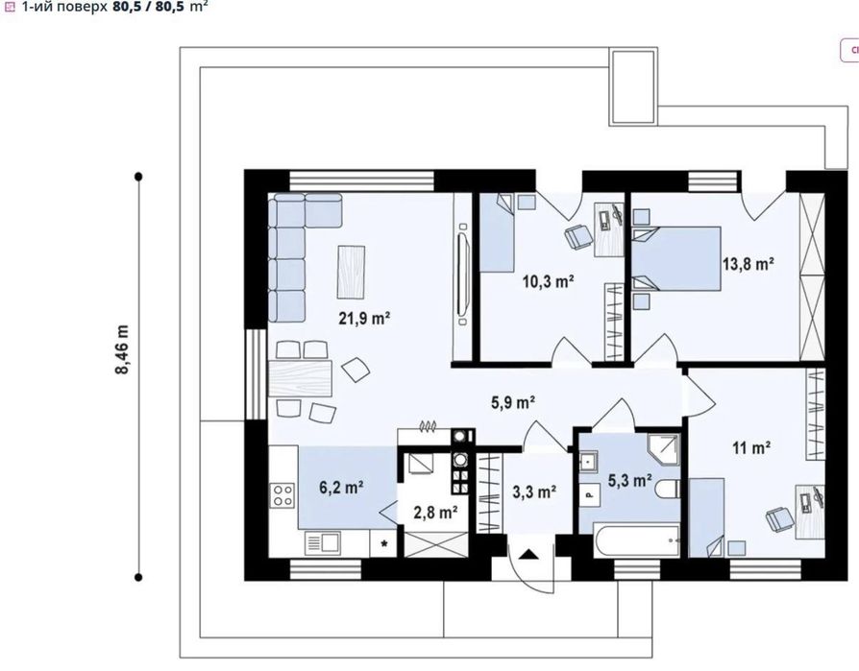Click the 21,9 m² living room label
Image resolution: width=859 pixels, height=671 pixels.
point(364,318)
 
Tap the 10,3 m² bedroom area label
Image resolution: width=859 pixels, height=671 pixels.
point(548,282)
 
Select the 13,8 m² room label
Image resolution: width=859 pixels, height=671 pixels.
point(748,264)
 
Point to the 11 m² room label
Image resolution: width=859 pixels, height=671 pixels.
point(751,448)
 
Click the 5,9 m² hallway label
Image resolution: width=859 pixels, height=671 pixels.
point(513,403)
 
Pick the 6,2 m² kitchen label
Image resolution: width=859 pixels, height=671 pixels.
point(341,487)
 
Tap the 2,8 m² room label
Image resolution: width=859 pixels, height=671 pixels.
point(435,513)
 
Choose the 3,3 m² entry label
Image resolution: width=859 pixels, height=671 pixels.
point(534,492)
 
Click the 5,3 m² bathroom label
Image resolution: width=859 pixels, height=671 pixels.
point(630,481)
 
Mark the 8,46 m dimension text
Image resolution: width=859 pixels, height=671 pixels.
point(122,350)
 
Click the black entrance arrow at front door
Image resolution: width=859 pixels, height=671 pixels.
point(528,555)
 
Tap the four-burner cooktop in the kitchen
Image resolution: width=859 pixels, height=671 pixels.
point(282,494)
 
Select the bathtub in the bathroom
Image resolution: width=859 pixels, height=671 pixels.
point(637,540)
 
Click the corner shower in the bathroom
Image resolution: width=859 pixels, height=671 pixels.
point(663,449)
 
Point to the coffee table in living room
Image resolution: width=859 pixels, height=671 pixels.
point(351,272)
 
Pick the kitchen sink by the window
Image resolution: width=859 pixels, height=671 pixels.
point(323,543)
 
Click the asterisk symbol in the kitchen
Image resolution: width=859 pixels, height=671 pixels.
point(384,544)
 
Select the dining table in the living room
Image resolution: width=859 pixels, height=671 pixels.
point(300,377)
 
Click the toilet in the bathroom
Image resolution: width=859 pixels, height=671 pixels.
point(668,489)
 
